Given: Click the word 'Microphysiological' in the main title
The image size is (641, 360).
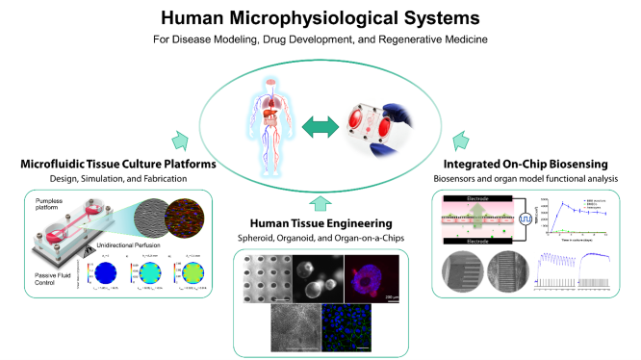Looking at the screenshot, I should click(319, 16).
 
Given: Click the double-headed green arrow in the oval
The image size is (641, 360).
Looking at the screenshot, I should click(324, 125).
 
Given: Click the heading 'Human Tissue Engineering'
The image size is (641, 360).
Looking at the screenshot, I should click(320, 220).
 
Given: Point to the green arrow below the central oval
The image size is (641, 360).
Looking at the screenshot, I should click(320, 202).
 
